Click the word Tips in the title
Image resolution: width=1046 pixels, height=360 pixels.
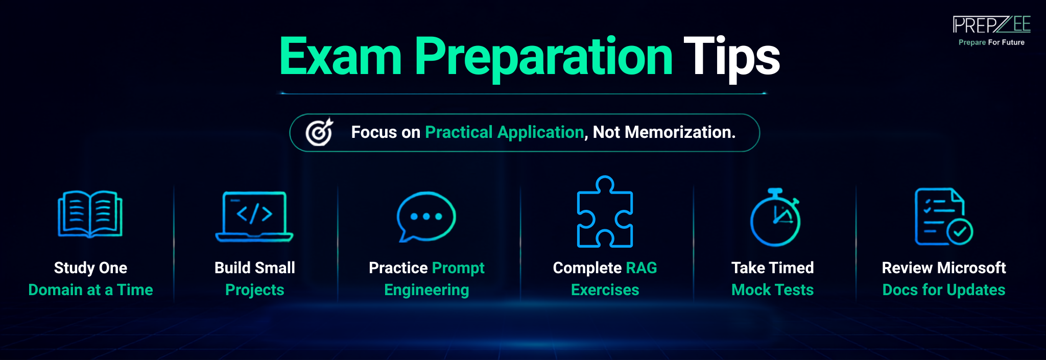coord(731,57)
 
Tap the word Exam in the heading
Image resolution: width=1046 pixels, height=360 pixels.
coord(340,56)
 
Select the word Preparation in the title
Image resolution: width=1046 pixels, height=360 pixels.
coord(543,58)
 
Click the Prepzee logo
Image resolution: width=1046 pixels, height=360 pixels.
coord(991,25)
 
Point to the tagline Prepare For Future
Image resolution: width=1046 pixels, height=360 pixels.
coord(991,42)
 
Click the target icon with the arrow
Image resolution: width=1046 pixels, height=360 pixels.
coord(319,132)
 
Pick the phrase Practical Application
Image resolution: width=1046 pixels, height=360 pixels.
coord(504,132)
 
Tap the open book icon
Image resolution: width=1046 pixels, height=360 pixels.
coord(90,214)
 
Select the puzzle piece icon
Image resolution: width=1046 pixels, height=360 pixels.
coord(605,212)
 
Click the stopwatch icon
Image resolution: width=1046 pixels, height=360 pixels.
coord(775,217)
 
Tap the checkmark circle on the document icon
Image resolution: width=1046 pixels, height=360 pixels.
coord(960,232)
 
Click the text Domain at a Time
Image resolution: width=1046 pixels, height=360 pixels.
coord(90,290)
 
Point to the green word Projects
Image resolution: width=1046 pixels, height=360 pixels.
coord(254,290)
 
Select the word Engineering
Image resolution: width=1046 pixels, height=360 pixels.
coord(426,290)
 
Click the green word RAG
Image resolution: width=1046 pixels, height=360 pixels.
coord(641,268)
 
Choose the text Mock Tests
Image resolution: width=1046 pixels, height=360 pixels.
coord(772,290)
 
